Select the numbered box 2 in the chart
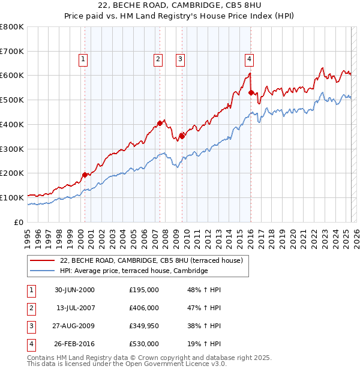[x=157, y=59]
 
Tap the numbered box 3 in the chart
[x=180, y=59]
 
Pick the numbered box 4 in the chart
[x=248, y=59]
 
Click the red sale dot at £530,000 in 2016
[x=251, y=92]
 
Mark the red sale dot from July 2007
[x=160, y=123]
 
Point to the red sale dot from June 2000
[x=85, y=175]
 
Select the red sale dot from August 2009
[x=182, y=136]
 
